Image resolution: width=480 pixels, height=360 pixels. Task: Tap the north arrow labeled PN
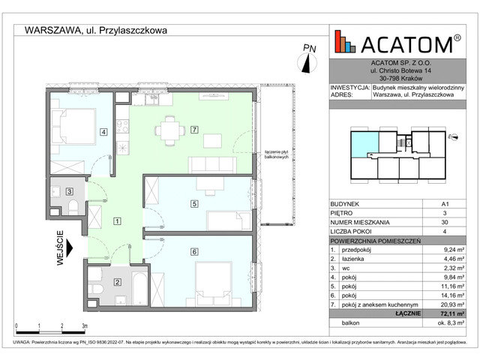(x=310, y=58)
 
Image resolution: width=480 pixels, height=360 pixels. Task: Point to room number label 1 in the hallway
(x=117, y=221)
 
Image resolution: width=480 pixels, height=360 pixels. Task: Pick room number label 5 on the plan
(x=193, y=203)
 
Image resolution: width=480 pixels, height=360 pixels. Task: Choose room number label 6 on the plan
(x=193, y=253)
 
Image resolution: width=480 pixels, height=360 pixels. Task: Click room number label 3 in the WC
(x=69, y=192)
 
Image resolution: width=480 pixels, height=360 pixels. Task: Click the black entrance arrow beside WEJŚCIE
(x=70, y=247)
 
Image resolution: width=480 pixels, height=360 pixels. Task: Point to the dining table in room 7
(x=167, y=130)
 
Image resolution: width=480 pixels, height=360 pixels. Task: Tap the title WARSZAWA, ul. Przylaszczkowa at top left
(x=96, y=30)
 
